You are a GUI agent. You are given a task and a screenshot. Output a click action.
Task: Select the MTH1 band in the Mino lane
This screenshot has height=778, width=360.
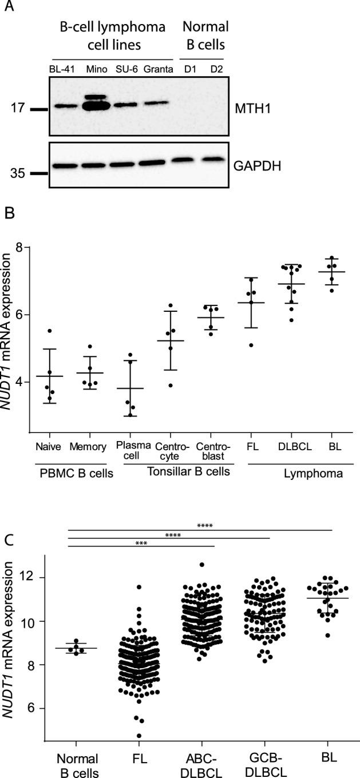click(x=93, y=105)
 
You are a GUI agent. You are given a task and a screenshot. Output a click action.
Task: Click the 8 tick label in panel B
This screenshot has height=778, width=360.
click(x=19, y=248)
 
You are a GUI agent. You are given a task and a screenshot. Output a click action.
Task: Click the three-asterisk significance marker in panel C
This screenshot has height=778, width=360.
click(x=141, y=543)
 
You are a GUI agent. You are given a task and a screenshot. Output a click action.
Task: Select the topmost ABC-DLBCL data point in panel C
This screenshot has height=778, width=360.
click(x=202, y=565)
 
